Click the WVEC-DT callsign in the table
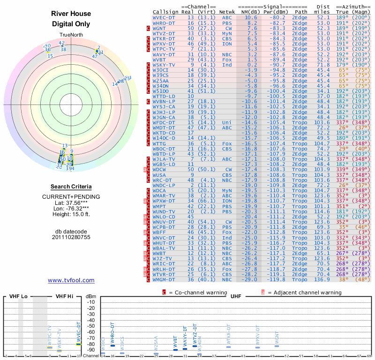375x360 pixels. [164, 17]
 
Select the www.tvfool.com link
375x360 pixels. [71, 280]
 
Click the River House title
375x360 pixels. [71, 14]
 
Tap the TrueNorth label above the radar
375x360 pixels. [71, 36]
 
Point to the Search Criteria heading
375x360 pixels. [71, 187]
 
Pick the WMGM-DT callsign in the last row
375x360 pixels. [164, 279]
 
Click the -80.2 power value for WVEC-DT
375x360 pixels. [274, 17]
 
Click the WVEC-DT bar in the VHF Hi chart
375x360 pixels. [79, 344]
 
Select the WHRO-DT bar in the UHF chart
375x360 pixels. [112, 345]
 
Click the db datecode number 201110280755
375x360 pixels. [71, 237]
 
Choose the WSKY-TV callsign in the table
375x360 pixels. [164, 65]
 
